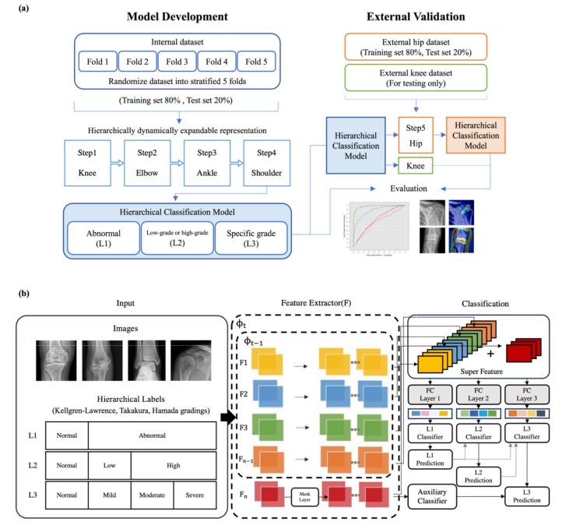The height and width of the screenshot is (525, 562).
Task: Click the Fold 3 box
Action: (x=178, y=62)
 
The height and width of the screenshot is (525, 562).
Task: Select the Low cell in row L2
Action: (x=109, y=465)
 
